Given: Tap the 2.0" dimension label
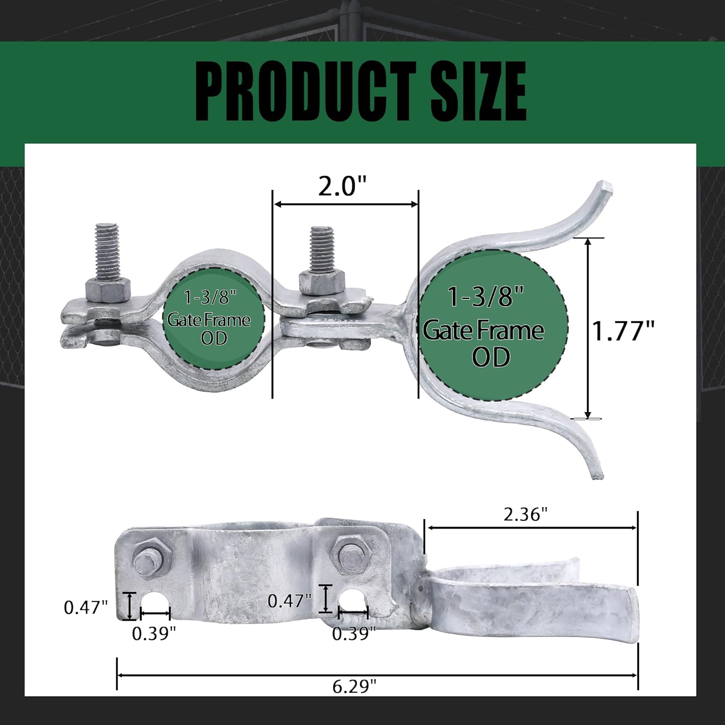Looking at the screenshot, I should [x=342, y=186].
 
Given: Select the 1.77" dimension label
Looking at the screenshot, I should [x=623, y=331].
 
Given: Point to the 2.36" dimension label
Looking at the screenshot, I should [x=526, y=514].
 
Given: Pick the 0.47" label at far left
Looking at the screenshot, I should [x=86, y=607].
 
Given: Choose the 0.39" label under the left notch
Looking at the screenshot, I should [x=154, y=633].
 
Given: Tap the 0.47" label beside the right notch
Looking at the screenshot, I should [x=290, y=601].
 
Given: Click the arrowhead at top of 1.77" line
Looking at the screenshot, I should [x=588, y=242].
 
